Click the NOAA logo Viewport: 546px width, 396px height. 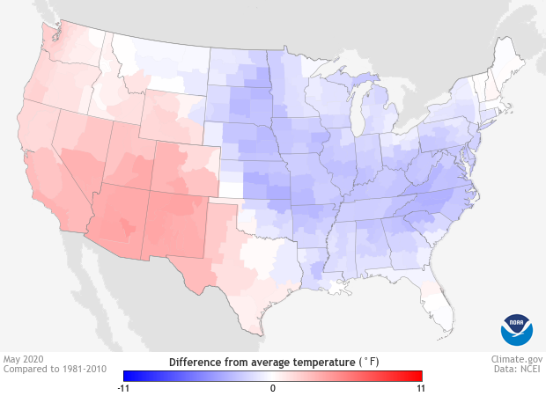tap(517, 328)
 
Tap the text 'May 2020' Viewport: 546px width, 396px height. tap(25, 359)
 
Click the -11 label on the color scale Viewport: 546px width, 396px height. tap(124, 387)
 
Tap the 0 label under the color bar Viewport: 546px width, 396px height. tap(273, 387)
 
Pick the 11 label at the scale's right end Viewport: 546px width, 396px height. tap(421, 387)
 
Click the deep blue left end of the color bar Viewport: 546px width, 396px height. tap(128, 375)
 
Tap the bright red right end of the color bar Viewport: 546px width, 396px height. tap(418, 375)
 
